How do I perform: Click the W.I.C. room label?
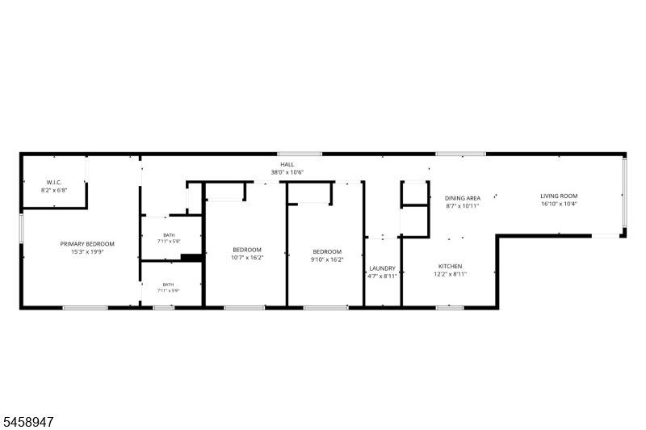[54, 182]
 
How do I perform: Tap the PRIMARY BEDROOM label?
[87, 244]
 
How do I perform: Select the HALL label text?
[287, 165]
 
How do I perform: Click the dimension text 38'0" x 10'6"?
[287, 172]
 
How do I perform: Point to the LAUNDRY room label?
[382, 268]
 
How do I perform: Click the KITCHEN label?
[450, 267]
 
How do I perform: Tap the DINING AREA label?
[462, 198]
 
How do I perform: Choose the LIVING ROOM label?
[559, 196]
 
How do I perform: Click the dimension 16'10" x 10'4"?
[559, 204]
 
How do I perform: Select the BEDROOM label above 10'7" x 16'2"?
[247, 250]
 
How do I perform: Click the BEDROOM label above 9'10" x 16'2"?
[327, 252]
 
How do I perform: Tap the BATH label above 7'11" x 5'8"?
[169, 235]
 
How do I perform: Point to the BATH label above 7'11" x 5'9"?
[168, 285]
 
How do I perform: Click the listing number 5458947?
[28, 422]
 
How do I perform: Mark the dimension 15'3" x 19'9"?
[87, 252]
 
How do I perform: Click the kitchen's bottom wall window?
[450, 308]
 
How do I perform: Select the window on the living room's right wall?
[624, 192]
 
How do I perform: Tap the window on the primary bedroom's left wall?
[22, 229]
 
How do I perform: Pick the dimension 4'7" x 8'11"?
[382, 276]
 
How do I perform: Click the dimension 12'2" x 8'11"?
[450, 274]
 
